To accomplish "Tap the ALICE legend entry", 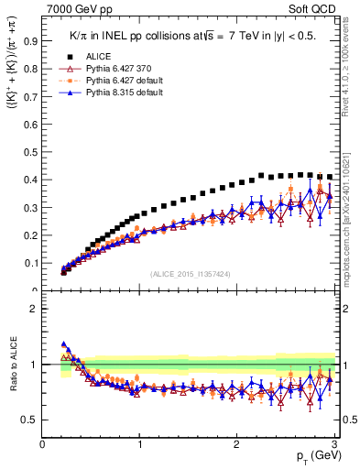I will [99, 56].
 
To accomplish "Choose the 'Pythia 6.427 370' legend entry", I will [115, 69].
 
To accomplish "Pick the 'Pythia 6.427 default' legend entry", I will [120, 82].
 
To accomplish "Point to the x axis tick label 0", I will [42, 444].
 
